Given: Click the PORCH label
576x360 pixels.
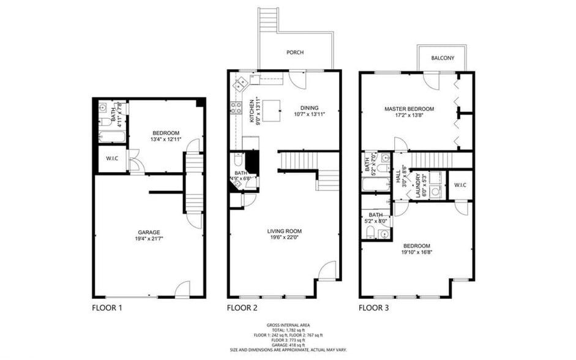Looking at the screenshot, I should pyautogui.click(x=295, y=53).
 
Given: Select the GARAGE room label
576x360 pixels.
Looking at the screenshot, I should pyautogui.click(x=149, y=232).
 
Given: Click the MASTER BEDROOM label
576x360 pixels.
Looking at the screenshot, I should pyautogui.click(x=409, y=109).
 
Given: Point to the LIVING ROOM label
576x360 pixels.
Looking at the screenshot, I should pyautogui.click(x=285, y=231).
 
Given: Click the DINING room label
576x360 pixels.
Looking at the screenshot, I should pyautogui.click(x=309, y=108).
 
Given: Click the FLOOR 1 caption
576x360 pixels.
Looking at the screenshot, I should pyautogui.click(x=107, y=308).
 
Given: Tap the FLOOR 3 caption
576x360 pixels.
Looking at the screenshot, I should pyautogui.click(x=374, y=308).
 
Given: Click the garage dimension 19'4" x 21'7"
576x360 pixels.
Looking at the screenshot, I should pyautogui.click(x=149, y=239).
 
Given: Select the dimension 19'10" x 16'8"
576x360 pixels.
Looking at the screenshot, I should pyautogui.click(x=416, y=252).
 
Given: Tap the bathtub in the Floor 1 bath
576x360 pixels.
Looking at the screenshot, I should pyautogui.click(x=112, y=136).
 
